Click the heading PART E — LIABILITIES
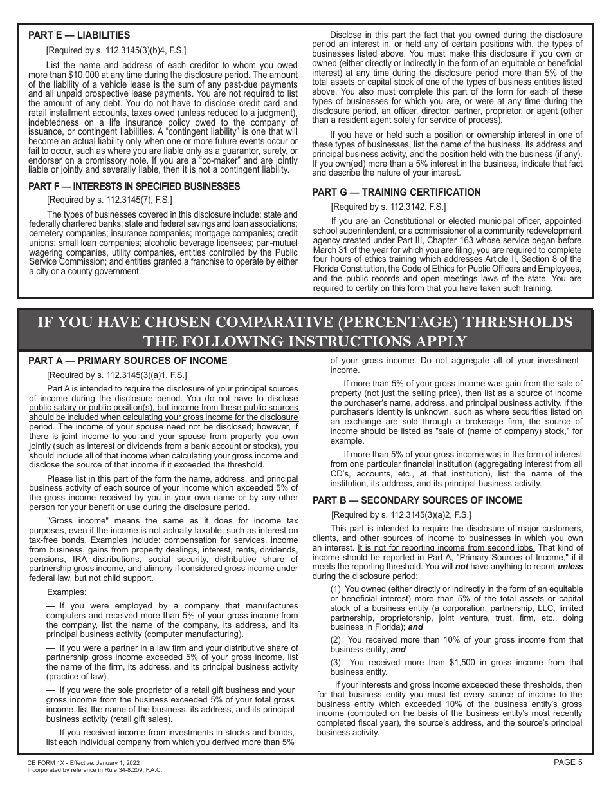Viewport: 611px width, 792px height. pos(79,36)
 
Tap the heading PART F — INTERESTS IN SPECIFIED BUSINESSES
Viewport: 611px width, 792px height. pos(134,187)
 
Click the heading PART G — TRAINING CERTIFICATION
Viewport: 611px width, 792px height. pos(396,193)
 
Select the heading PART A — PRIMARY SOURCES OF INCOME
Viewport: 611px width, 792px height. pos(127,361)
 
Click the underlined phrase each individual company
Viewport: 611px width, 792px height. pos(104,742)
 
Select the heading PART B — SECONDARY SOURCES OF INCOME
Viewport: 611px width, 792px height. pos(417,500)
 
